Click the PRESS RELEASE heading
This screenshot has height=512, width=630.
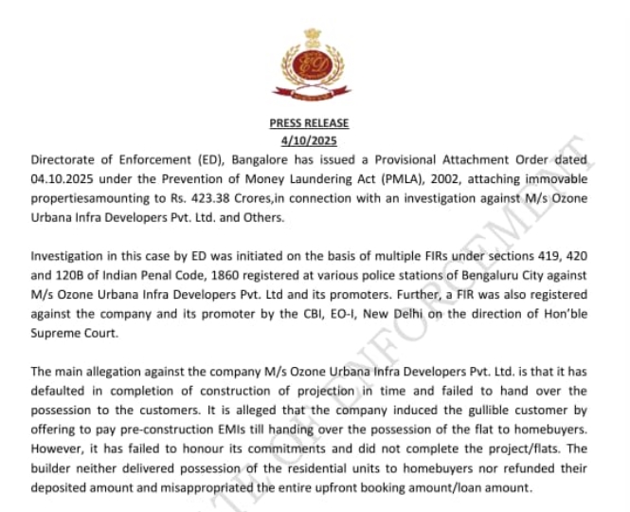[x=309, y=123]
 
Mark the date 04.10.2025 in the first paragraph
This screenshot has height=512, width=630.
[x=64, y=178]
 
